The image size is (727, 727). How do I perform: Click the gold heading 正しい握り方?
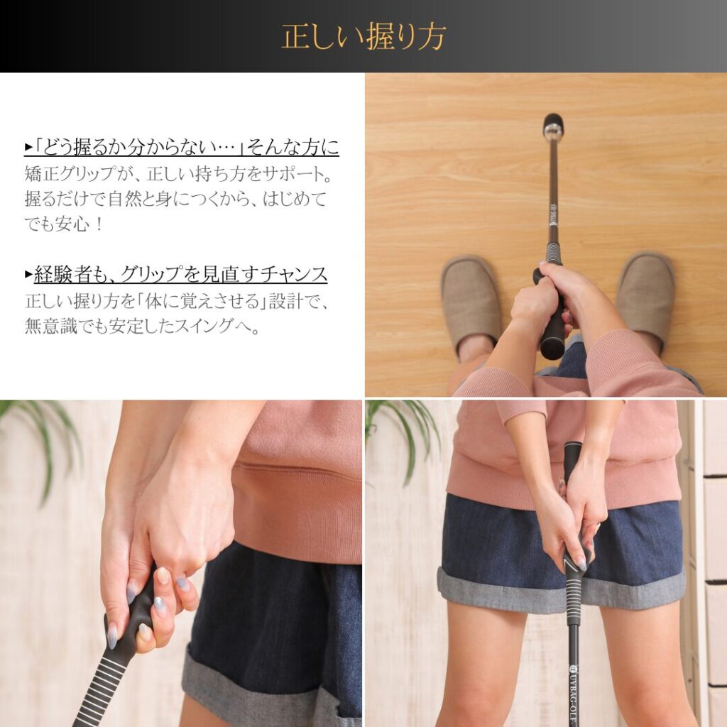pyautogui.click(x=363, y=36)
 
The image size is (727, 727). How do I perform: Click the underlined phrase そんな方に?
pyautogui.click(x=293, y=148)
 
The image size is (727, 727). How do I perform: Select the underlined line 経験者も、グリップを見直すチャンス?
pyautogui.click(x=181, y=275)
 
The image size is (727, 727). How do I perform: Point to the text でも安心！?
pyautogui.click(x=63, y=224)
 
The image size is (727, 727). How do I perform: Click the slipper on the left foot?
pyautogui.click(x=470, y=305)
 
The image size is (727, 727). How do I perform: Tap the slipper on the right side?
pyautogui.click(x=645, y=300)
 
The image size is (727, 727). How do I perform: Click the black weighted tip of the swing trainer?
pyautogui.click(x=553, y=124)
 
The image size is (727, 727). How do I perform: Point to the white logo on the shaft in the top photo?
pyautogui.click(x=553, y=213)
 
